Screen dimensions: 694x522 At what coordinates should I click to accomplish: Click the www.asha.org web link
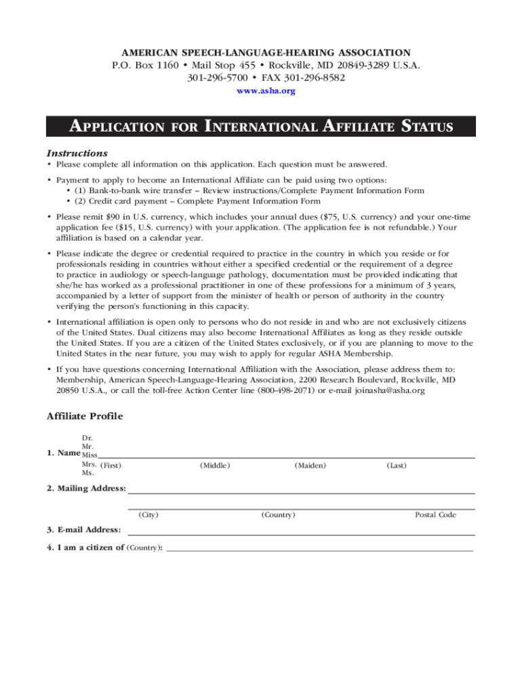pyautogui.click(x=265, y=91)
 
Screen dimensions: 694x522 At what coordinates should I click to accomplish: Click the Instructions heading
pyautogui.click(x=77, y=153)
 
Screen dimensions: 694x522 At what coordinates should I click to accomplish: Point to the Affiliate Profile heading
pyautogui.click(x=84, y=416)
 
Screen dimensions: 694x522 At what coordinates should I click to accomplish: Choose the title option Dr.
pyautogui.click(x=87, y=438)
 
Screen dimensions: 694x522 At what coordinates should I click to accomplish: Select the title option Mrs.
pyautogui.click(x=89, y=465)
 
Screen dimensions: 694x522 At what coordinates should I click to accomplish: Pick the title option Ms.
pyautogui.click(x=87, y=473)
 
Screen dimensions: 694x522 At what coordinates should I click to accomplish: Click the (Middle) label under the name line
pyautogui.click(x=215, y=466)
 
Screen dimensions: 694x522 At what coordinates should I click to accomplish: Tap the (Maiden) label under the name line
pyautogui.click(x=310, y=466)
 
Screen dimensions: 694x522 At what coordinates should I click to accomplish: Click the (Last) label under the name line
pyautogui.click(x=397, y=466)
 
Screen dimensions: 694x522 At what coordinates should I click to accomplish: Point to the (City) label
pyautogui.click(x=148, y=515)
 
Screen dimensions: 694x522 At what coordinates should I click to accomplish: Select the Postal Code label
pyautogui.click(x=435, y=515)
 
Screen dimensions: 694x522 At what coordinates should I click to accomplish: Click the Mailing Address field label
pyautogui.click(x=86, y=489)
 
